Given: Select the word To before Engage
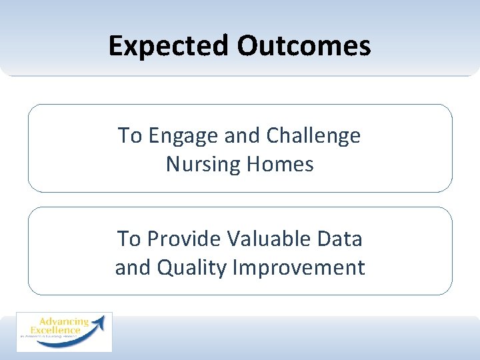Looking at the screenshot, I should pos(130,136).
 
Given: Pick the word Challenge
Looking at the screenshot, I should pos(313,137).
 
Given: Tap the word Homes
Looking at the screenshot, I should pos(281,164).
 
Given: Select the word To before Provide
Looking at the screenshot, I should pos(129,239).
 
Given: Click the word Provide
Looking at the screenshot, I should pos(184,239).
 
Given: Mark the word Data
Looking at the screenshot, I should pos(341,239).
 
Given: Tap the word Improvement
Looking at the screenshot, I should pos(299,268).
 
